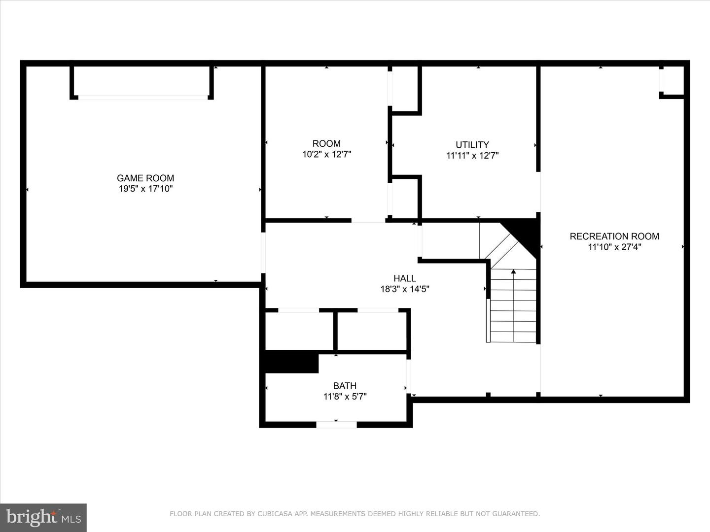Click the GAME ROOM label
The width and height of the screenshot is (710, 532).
145,178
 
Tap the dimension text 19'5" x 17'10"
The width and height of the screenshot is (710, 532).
145,189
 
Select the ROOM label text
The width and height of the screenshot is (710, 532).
326,143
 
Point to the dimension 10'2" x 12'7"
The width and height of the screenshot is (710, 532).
326,154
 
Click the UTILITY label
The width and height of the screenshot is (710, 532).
472,145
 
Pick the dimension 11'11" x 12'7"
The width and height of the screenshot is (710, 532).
472,156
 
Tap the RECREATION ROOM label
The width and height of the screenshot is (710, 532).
614,236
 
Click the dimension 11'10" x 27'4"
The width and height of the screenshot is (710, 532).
614,247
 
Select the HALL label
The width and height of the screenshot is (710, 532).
405,278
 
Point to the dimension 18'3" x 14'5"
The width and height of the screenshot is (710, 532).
405,289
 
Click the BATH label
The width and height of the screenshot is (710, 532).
345,386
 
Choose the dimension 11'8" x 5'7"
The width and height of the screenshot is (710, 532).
345,397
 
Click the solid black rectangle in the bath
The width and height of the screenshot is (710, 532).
291,363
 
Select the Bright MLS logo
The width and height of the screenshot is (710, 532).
43,518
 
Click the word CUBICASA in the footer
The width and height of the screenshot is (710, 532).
274,514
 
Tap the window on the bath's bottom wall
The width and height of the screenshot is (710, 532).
336,424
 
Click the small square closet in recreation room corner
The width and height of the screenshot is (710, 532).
672,80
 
